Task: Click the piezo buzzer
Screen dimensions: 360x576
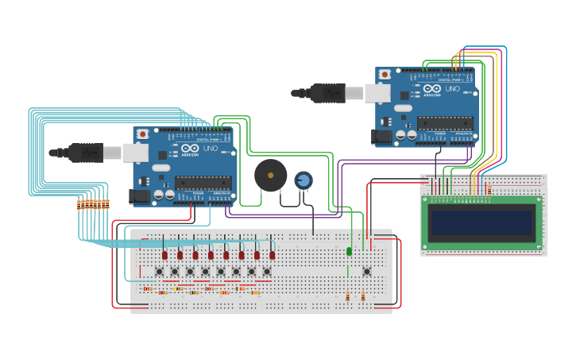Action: [x=270, y=175]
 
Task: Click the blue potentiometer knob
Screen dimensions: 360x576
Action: [x=303, y=181]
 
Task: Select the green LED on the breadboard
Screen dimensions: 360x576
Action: [x=349, y=251]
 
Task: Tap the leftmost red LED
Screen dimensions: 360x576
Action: [x=164, y=255]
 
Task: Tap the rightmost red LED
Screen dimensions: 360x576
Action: [x=272, y=255]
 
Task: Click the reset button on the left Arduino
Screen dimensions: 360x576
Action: [x=143, y=134]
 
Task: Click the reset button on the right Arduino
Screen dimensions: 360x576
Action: [x=385, y=74]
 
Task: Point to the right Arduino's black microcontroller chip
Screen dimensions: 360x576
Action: [x=445, y=123]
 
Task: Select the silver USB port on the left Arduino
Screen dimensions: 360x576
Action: [x=135, y=153]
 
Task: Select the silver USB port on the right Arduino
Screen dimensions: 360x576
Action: [x=377, y=93]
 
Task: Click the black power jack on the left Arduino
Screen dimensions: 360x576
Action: [x=140, y=195]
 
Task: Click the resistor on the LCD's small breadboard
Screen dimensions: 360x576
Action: [x=489, y=190]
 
